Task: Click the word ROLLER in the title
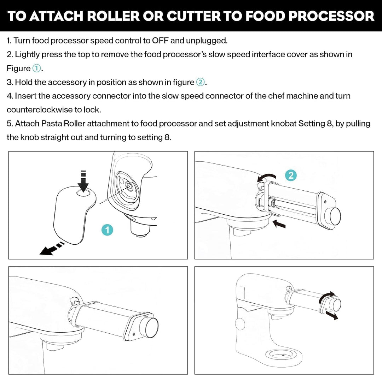point(113,16)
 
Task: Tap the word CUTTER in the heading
point(193,16)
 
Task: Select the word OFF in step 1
point(160,40)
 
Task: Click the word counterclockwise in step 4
point(40,110)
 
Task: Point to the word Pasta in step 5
point(51,124)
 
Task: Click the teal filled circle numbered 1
point(107,230)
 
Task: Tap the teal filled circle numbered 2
point(291,175)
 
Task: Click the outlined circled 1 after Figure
point(36,69)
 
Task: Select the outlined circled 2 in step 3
point(201,82)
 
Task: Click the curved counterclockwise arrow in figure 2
point(267,177)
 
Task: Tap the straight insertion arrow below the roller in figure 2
point(279,224)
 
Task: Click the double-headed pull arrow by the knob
point(331,315)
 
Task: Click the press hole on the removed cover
point(83,193)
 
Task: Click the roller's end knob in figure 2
point(334,216)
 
